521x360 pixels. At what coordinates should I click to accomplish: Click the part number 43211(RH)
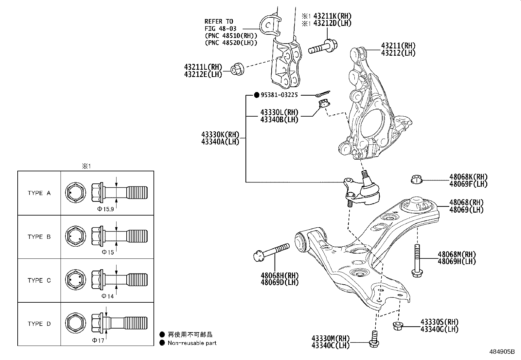(x=398, y=46)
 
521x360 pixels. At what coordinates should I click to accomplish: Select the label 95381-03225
(x=279, y=95)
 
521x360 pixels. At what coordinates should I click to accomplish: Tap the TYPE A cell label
(x=39, y=193)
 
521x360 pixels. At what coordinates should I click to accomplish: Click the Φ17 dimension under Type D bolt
(x=98, y=340)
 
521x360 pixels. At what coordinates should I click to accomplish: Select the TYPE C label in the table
(x=39, y=280)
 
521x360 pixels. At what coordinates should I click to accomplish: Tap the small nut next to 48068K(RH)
(x=416, y=180)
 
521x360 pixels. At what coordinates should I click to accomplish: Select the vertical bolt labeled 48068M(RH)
(x=416, y=260)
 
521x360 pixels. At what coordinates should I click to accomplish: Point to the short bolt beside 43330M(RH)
(x=373, y=339)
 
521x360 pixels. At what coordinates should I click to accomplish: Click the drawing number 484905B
(x=502, y=352)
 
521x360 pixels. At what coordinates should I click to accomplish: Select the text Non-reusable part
(x=192, y=343)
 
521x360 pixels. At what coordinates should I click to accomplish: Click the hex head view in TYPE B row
(x=76, y=237)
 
